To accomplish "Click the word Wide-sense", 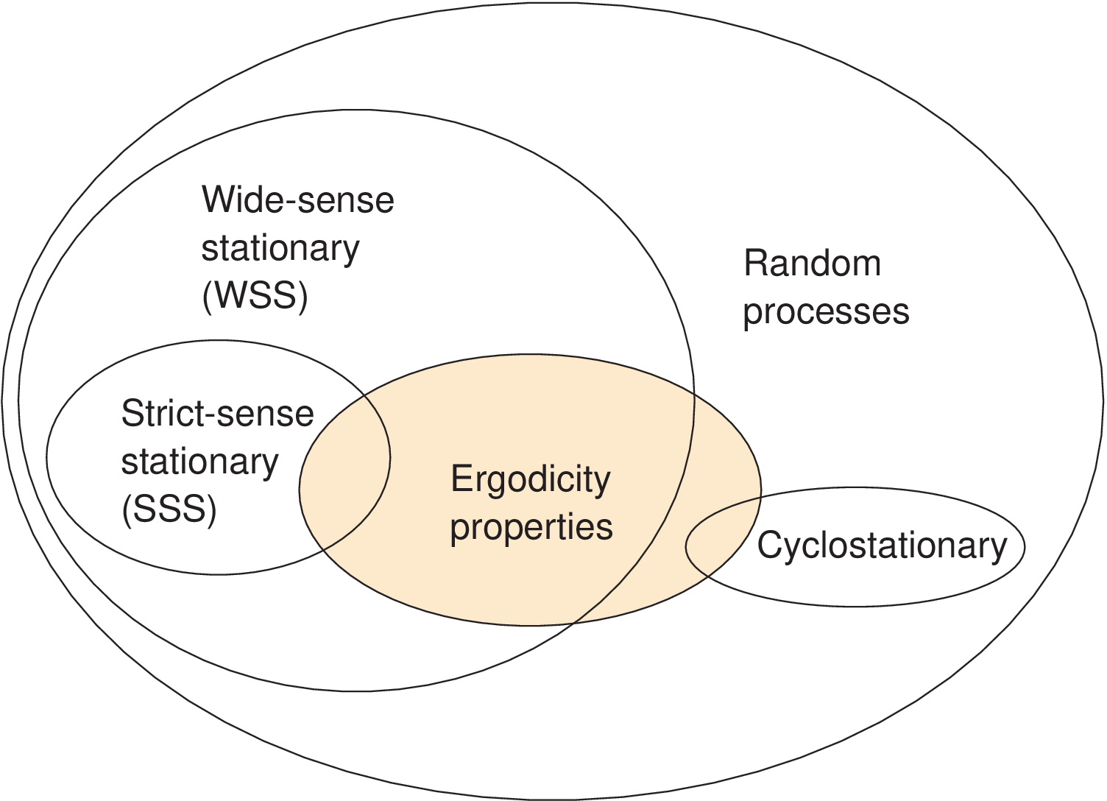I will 297,200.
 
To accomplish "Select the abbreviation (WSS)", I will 255,296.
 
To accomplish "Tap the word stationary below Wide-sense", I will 280,249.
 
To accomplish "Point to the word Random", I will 812,264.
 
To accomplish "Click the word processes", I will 826,311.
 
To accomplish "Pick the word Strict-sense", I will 217,414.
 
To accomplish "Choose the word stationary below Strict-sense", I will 199,462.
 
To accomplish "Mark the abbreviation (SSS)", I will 169,509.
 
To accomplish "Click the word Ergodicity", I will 530,479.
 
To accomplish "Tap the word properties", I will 531,527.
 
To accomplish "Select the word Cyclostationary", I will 882,546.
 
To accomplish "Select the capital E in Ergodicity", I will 461,479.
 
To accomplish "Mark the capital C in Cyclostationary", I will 769,546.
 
